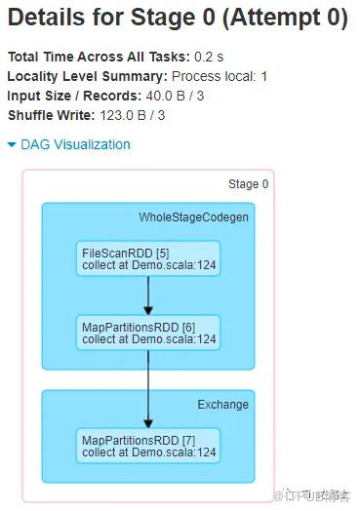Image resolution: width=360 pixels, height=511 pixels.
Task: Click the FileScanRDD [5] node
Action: tap(148, 258)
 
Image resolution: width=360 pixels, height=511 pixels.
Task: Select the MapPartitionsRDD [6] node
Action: tap(148, 333)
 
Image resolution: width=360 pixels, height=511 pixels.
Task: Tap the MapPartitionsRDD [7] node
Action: tap(148, 446)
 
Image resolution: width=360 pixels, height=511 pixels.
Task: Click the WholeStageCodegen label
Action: tap(194, 217)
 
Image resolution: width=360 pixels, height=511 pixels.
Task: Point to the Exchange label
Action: tap(223, 405)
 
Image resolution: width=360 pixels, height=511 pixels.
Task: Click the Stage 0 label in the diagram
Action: tap(249, 184)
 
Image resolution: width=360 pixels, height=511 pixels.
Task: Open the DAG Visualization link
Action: tap(75, 144)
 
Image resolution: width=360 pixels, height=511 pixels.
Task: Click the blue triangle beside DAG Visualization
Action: tap(12, 144)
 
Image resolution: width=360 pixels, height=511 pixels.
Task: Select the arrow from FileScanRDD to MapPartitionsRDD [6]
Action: tap(148, 295)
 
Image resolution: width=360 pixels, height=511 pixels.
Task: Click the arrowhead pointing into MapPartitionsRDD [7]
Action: tap(148, 423)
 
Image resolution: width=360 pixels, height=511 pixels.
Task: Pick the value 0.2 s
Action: tap(209, 57)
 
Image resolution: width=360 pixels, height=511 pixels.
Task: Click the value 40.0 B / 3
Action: tap(175, 96)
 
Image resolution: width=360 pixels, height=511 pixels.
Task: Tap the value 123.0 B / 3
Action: tap(133, 115)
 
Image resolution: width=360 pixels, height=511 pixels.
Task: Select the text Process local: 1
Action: tap(220, 76)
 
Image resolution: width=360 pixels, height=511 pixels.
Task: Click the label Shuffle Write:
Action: tap(51, 115)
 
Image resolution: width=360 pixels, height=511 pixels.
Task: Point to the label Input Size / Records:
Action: tap(74, 96)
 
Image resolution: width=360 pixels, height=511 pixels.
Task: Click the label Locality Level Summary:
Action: tap(88, 76)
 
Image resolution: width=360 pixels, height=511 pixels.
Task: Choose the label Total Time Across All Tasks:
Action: tap(99, 57)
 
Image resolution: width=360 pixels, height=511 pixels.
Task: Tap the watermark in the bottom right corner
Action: tap(312, 495)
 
